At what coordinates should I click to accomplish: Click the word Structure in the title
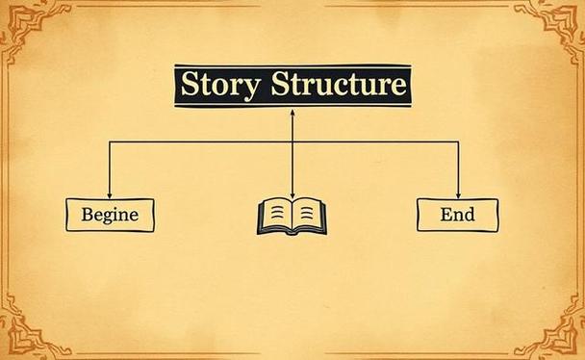click(x=339, y=84)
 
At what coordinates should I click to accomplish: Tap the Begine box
click(x=110, y=215)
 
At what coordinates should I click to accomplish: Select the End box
click(x=457, y=215)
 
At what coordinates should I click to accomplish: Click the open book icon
click(x=292, y=217)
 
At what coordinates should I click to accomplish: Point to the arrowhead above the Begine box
click(x=110, y=195)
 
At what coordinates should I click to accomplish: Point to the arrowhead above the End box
click(x=458, y=195)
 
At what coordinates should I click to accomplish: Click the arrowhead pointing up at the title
click(x=292, y=112)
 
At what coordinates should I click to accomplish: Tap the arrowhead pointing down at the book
click(x=292, y=195)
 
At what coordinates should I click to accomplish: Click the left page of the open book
click(x=275, y=214)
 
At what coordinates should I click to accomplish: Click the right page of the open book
click(x=308, y=214)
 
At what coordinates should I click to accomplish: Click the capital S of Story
click(x=190, y=84)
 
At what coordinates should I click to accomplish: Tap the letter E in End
click(x=446, y=214)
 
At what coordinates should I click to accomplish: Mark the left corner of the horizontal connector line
click(x=110, y=141)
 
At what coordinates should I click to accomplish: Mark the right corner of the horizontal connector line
click(x=458, y=141)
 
